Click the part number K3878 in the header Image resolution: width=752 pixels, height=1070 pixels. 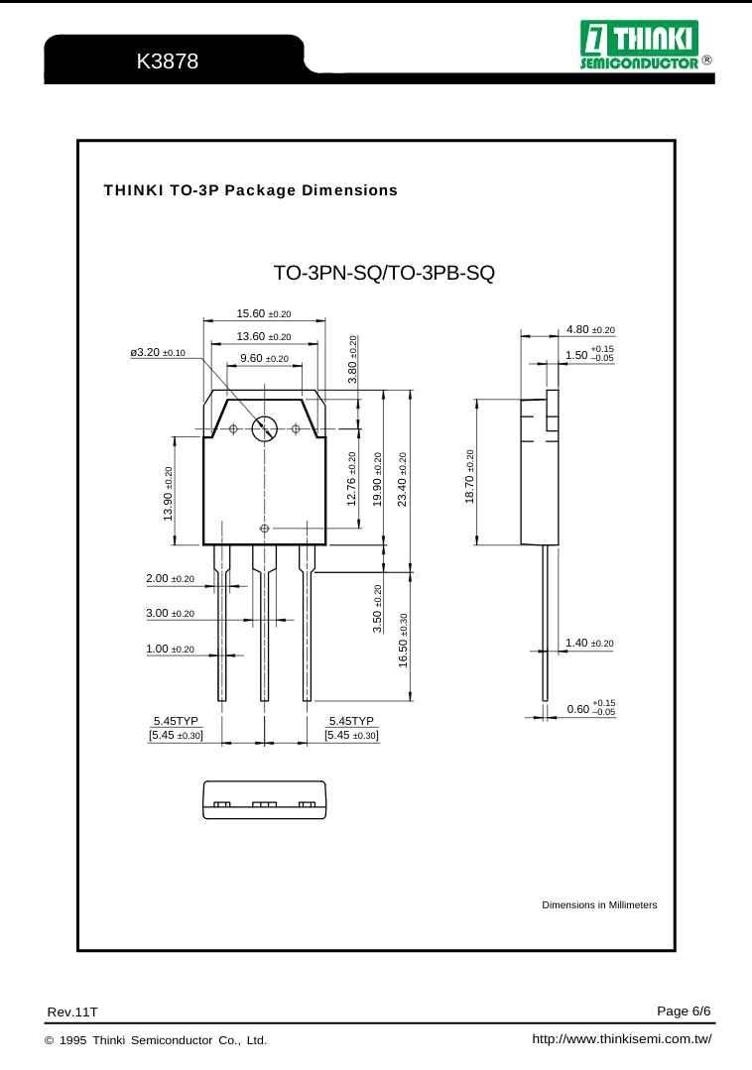click(168, 61)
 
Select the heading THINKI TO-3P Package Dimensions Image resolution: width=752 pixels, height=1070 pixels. click(250, 189)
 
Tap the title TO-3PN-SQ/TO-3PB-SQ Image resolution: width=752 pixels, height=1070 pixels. click(383, 273)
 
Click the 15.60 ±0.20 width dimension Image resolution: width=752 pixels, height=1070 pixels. click(264, 313)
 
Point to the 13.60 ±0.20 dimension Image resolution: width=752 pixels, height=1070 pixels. click(264, 336)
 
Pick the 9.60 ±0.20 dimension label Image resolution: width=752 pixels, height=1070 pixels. click(263, 358)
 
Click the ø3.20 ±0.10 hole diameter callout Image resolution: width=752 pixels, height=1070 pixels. click(158, 352)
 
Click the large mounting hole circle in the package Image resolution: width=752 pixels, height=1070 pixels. click(265, 428)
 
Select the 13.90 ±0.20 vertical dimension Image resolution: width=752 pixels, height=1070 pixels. click(169, 493)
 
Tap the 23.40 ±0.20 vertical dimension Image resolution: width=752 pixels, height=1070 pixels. click(402, 479)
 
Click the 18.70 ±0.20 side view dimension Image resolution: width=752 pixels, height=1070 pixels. click(470, 475)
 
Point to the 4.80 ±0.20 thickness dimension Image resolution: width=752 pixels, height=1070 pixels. click(590, 329)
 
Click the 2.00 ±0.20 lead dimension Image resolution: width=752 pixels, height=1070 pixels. click(170, 578)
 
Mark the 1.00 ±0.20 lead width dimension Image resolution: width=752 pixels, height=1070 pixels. click(170, 649)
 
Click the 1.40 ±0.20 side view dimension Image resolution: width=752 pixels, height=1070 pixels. click(589, 644)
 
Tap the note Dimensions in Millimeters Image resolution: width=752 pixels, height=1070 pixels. click(598, 905)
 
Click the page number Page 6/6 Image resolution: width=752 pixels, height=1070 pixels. click(685, 1011)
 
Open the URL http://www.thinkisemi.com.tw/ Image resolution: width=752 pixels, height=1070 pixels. click(622, 1040)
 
